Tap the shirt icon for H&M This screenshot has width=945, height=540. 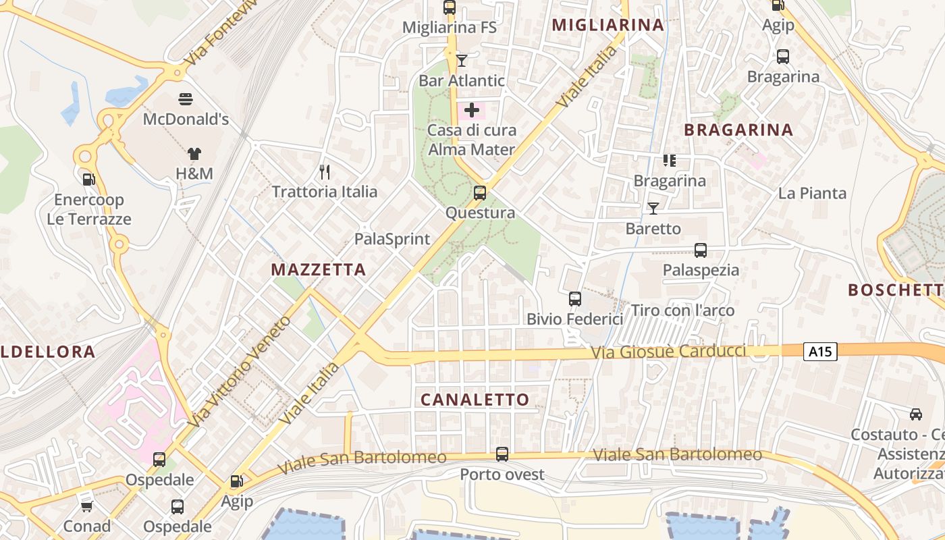(x=194, y=154)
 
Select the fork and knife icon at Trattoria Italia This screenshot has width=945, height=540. (x=325, y=172)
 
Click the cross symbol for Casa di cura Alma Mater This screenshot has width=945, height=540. (x=472, y=110)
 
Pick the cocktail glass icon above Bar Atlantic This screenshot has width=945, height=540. (x=462, y=61)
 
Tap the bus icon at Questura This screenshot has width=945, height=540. (x=480, y=193)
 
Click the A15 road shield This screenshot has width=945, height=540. (x=820, y=351)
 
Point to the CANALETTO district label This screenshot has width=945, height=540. (x=475, y=400)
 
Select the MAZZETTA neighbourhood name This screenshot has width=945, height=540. (x=319, y=270)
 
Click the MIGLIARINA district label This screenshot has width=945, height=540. (x=608, y=25)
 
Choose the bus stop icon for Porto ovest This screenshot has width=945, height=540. (x=502, y=454)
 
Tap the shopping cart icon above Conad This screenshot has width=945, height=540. (x=86, y=506)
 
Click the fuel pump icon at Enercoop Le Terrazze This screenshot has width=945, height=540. (x=88, y=180)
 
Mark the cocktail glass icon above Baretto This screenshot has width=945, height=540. (x=653, y=209)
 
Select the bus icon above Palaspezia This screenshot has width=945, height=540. (x=701, y=250)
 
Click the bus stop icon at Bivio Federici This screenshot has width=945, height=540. (x=575, y=298)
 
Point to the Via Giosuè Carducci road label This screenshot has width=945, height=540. (x=668, y=352)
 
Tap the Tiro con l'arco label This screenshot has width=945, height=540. (x=682, y=310)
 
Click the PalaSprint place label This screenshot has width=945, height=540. (x=392, y=239)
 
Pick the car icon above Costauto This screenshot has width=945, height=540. (x=916, y=414)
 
